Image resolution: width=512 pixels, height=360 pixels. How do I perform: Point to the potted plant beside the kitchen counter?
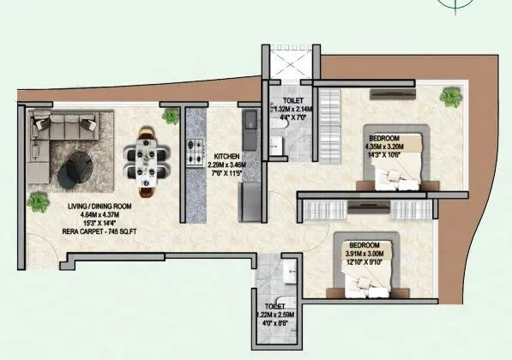171,115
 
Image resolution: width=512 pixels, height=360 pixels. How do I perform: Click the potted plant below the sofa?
38,202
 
